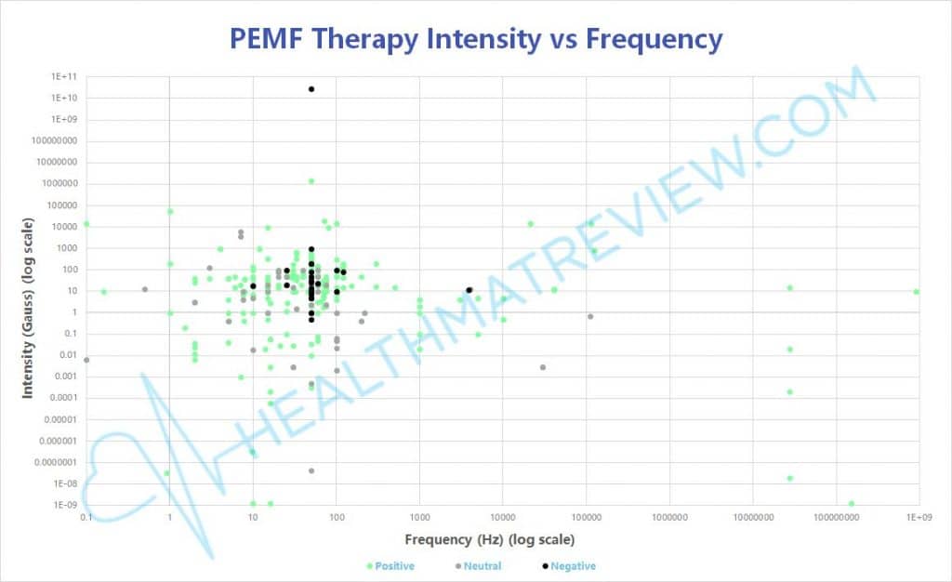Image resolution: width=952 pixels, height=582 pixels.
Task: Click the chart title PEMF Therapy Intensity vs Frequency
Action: pos(475,39)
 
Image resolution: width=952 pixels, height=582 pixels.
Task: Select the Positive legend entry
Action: pos(390,565)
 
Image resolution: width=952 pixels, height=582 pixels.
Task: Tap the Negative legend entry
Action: pos(569,565)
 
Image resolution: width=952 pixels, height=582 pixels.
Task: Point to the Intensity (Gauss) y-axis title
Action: pos(28,309)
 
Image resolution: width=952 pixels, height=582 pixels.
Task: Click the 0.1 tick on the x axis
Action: pos(86,515)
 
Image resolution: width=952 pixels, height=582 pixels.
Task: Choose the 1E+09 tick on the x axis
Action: pos(918,515)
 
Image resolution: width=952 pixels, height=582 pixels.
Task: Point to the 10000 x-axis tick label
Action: pos(502,515)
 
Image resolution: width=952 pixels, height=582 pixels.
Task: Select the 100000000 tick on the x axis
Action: pos(835,515)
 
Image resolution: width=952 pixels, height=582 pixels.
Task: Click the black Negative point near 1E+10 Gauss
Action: pos(311,89)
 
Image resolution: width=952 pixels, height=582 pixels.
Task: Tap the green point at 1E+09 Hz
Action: pos(916,292)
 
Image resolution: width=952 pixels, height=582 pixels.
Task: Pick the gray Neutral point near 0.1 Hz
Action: pos(86,360)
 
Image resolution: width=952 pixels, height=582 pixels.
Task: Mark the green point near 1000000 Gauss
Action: pos(311,181)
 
